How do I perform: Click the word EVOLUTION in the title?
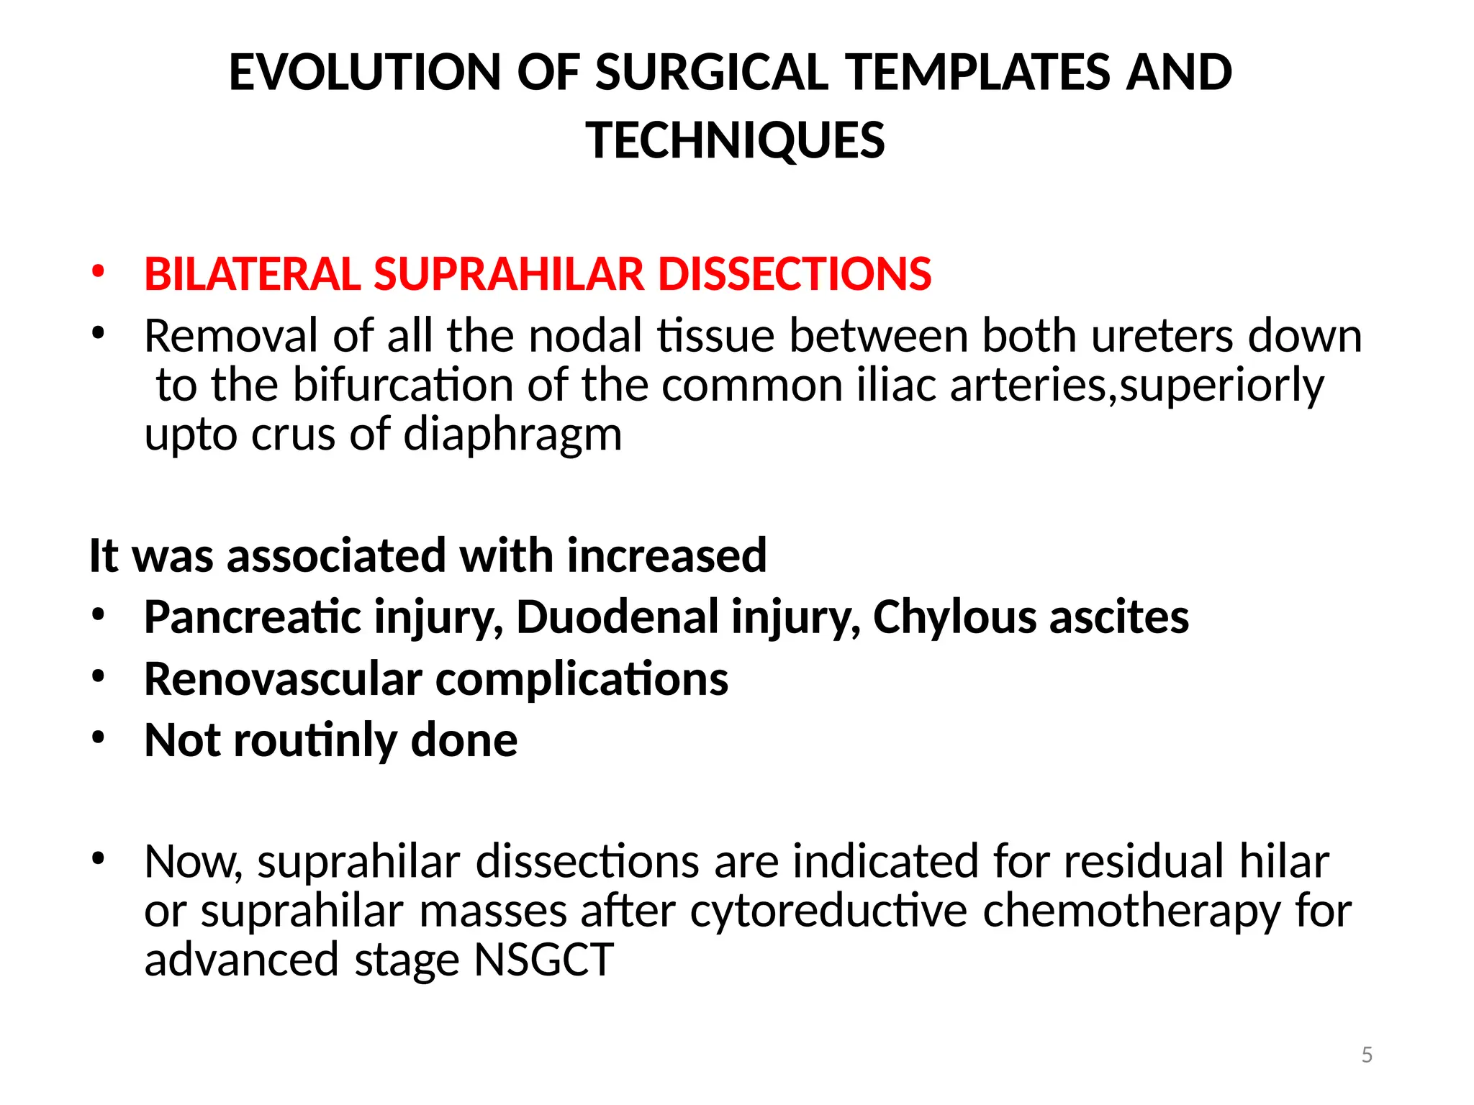click(x=364, y=73)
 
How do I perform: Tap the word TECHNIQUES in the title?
click(x=735, y=140)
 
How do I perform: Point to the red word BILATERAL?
click(x=252, y=274)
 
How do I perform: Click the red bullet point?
click(x=98, y=273)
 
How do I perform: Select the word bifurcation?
click(x=403, y=385)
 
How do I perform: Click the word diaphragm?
click(x=512, y=435)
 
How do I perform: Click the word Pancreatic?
click(x=252, y=617)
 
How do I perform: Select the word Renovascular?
click(x=283, y=679)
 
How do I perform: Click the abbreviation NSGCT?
click(x=543, y=960)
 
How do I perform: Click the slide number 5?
click(x=1367, y=1055)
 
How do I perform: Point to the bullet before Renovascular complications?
click(x=98, y=676)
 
